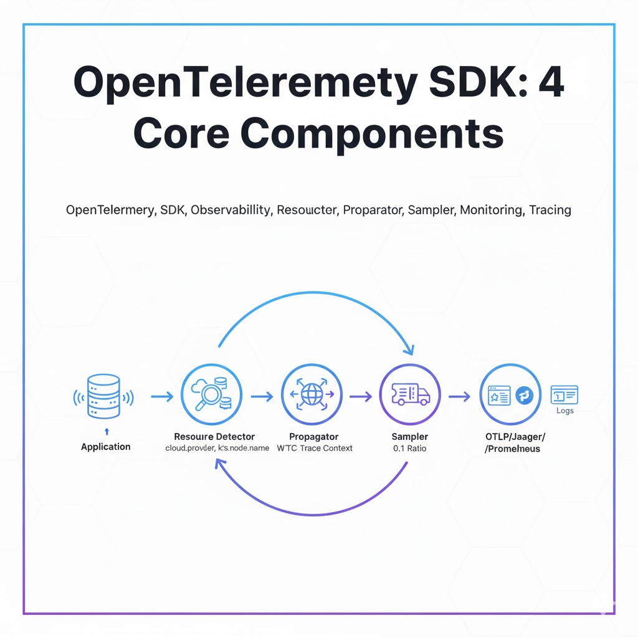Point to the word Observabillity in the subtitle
tap(231, 210)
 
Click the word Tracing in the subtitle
tap(550, 210)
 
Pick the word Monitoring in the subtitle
tap(491, 210)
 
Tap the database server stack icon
tap(103, 396)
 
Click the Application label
tap(106, 447)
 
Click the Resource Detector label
tap(214, 437)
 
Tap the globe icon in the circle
tap(311, 395)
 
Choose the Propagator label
tap(314, 437)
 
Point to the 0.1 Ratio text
tap(409, 449)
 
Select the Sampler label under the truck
tap(409, 437)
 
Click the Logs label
tap(565, 411)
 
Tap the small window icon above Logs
tap(564, 394)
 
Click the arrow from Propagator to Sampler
tap(360, 396)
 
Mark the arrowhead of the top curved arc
tap(409, 348)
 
